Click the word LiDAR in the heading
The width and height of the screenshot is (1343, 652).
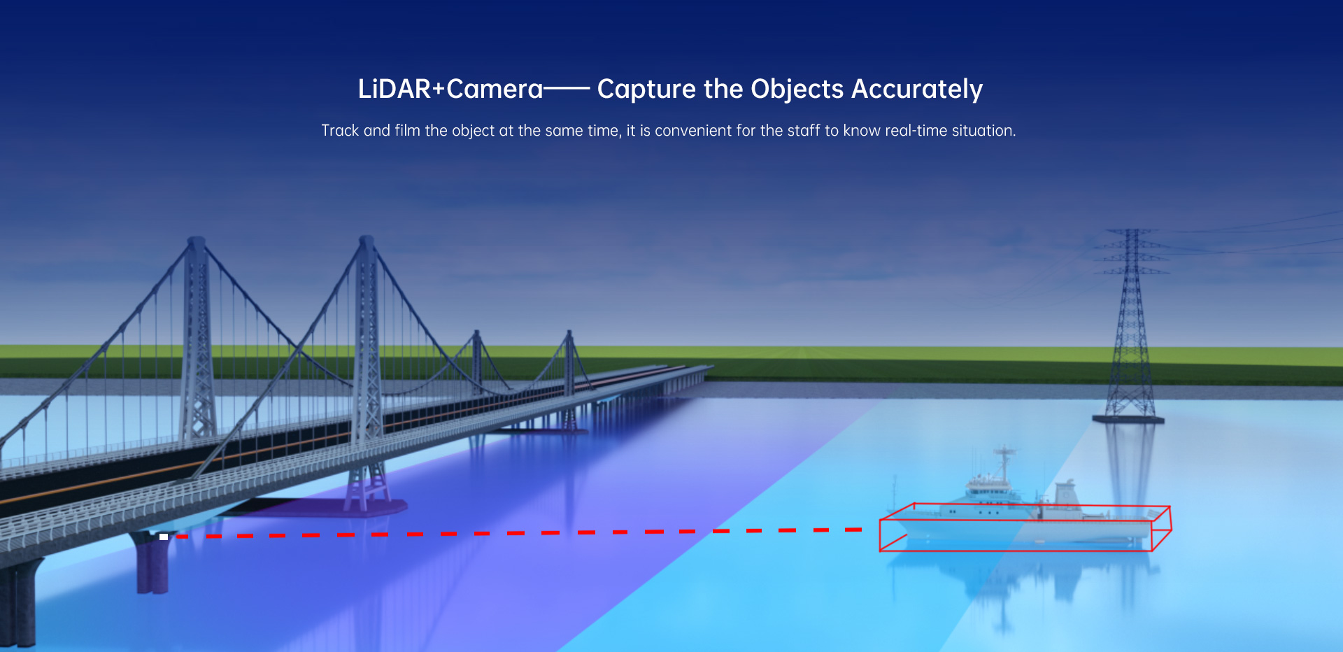[395, 89]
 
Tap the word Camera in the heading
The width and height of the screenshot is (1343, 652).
[495, 89]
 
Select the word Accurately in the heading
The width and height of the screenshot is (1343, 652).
[917, 90]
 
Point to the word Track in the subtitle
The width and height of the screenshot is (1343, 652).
[340, 131]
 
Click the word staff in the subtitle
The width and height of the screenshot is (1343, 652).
[803, 130]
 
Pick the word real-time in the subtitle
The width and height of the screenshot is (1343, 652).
[916, 130]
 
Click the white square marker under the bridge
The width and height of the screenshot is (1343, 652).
[164, 537]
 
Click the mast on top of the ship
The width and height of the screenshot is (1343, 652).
[1004, 460]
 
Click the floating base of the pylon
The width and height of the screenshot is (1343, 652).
[1128, 420]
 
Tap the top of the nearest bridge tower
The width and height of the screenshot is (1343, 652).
[197, 241]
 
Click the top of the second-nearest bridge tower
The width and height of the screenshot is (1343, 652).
[367, 240]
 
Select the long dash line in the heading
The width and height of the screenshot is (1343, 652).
[567, 90]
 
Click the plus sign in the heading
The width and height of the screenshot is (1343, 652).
[439, 90]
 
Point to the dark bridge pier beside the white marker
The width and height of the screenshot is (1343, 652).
[152, 563]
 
